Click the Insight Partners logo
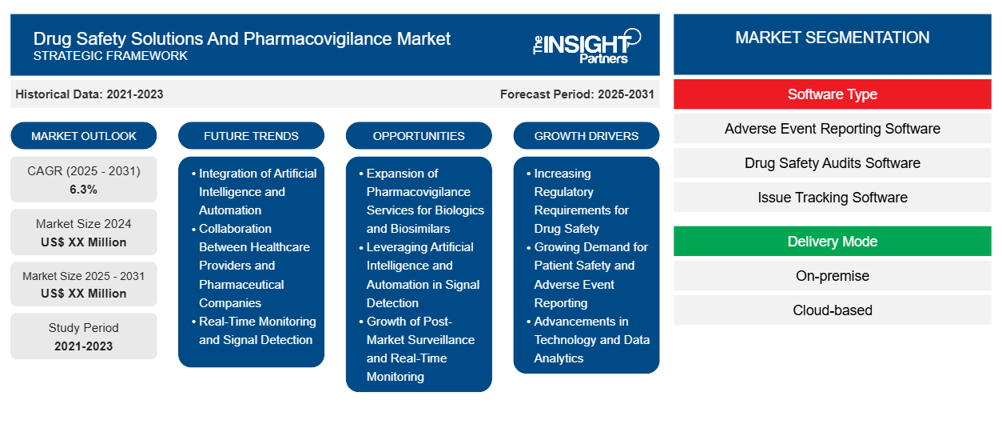click(x=586, y=46)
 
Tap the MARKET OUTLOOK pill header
click(x=84, y=136)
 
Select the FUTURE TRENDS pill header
click(x=251, y=136)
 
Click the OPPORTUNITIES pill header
click(x=419, y=136)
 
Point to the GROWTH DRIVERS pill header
click(x=586, y=136)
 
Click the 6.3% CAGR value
click(x=83, y=190)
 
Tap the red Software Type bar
click(x=832, y=94)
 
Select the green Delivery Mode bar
click(x=832, y=242)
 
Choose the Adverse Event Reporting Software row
click(x=832, y=129)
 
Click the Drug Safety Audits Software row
click(x=832, y=163)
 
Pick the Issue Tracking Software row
click(x=832, y=198)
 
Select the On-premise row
click(x=832, y=276)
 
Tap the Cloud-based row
click(x=832, y=310)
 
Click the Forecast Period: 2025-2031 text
click(x=577, y=94)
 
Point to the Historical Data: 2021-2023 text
click(x=89, y=94)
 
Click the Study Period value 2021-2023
click(x=84, y=346)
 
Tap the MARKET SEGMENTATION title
click(x=832, y=38)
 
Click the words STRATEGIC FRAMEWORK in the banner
click(x=110, y=56)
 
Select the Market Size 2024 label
click(x=84, y=224)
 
